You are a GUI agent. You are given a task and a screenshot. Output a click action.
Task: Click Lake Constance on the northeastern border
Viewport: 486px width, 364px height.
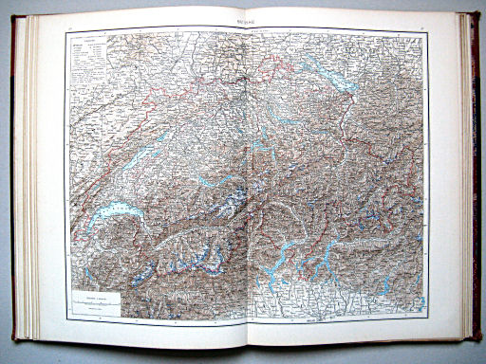tap(327, 75)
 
